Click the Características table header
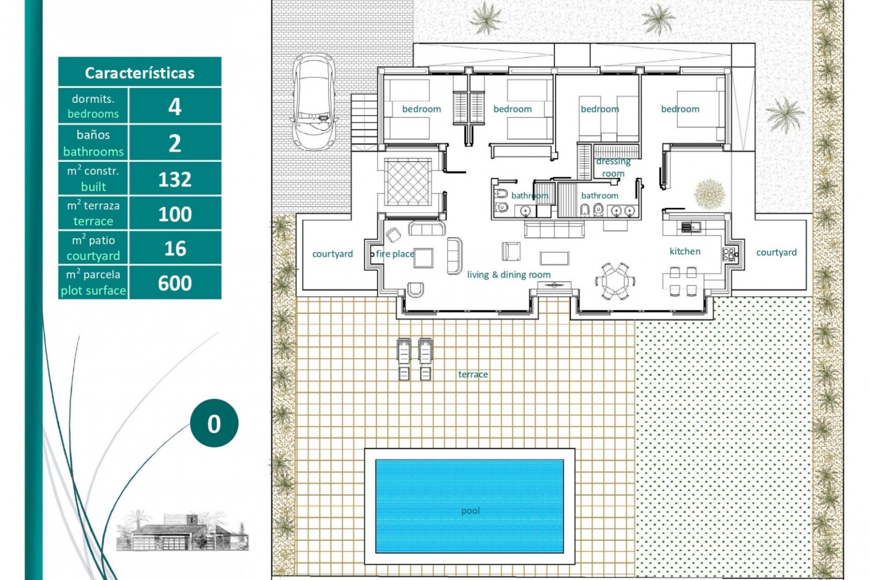pyautogui.click(x=140, y=72)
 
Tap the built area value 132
pyautogui.click(x=175, y=179)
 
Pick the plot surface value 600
pyautogui.click(x=175, y=283)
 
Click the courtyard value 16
pyautogui.click(x=175, y=249)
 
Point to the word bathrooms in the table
pyautogui.click(x=93, y=152)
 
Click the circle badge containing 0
pyautogui.click(x=214, y=423)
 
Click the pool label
pyautogui.click(x=470, y=511)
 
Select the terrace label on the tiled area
pyautogui.click(x=473, y=374)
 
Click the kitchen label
pyautogui.click(x=685, y=251)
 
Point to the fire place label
pyautogui.click(x=395, y=254)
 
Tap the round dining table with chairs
pyautogui.click(x=612, y=281)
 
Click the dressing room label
pyautogui.click(x=613, y=167)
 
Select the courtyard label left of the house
pyautogui.click(x=333, y=254)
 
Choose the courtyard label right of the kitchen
pyautogui.click(x=776, y=253)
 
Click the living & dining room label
pyautogui.click(x=508, y=275)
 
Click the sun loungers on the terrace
pyautogui.click(x=414, y=358)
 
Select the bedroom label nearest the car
pyautogui.click(x=421, y=109)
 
